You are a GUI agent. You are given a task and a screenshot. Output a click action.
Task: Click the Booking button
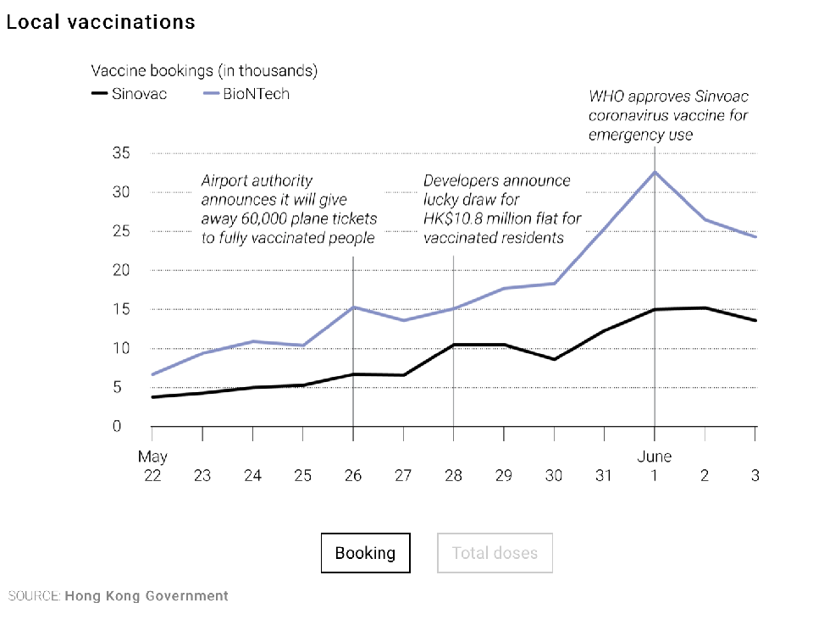click(x=365, y=553)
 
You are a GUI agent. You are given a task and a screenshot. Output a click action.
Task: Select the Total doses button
click(x=495, y=553)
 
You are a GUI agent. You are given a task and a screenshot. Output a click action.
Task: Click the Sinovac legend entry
click(x=129, y=94)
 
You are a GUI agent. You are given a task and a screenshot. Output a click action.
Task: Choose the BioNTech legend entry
click(x=246, y=94)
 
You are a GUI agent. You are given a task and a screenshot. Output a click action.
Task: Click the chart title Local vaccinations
click(x=101, y=22)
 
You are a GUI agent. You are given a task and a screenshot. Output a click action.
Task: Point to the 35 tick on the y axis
click(x=122, y=153)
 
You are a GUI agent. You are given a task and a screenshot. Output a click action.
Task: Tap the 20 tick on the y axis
click(x=122, y=270)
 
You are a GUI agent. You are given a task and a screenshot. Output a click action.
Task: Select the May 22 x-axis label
click(x=152, y=466)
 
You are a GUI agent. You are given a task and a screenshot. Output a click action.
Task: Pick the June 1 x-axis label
click(x=654, y=466)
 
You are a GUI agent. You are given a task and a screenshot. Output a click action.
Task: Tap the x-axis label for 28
click(x=453, y=476)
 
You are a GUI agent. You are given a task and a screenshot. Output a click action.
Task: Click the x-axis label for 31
click(x=604, y=476)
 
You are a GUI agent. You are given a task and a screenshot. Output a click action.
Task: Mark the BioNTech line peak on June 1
click(x=655, y=172)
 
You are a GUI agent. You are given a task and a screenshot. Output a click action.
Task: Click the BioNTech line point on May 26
click(x=353, y=307)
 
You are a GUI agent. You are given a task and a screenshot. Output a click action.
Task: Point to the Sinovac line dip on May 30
click(x=554, y=359)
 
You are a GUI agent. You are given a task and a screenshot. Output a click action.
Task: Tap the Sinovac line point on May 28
click(x=454, y=345)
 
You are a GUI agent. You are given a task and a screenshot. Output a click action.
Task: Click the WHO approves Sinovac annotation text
click(x=668, y=114)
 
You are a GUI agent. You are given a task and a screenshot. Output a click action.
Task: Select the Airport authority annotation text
click(x=288, y=209)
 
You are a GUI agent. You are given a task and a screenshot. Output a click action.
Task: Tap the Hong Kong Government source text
click(x=146, y=596)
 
